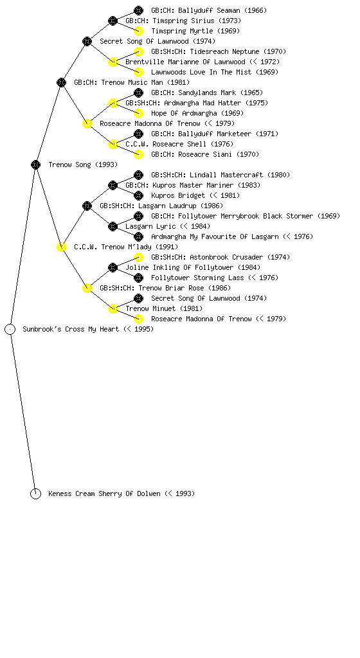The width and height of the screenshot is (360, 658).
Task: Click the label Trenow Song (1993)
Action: pyautogui.click(x=83, y=164)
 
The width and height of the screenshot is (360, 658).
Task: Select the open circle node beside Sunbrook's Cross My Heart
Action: pyautogui.click(x=10, y=329)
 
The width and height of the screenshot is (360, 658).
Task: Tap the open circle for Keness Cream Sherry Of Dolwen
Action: pyautogui.click(x=35, y=493)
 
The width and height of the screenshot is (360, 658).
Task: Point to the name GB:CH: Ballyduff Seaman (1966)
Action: pyautogui.click(x=209, y=10)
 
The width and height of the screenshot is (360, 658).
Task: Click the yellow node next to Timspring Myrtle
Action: pyautogui.click(x=138, y=31)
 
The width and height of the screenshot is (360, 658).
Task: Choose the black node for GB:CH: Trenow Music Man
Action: pyautogui.click(x=61, y=82)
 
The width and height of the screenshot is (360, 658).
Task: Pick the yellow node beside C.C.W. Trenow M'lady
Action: pyautogui.click(x=61, y=247)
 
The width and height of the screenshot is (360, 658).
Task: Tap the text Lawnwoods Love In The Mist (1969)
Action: pyautogui.click(x=215, y=72)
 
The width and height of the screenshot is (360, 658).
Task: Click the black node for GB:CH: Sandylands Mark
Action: pyautogui.click(x=138, y=93)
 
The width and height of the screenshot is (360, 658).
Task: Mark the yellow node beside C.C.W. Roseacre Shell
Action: pyautogui.click(x=113, y=144)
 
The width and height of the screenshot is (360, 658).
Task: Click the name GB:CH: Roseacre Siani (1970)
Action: pyautogui.click(x=205, y=154)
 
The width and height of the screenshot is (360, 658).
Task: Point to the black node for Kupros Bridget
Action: pyautogui.click(x=138, y=195)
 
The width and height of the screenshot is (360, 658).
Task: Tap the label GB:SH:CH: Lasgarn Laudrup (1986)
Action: pyautogui.click(x=161, y=206)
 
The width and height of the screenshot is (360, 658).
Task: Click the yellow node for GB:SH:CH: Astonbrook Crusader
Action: pyautogui.click(x=138, y=257)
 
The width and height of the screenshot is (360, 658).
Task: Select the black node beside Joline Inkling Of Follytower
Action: pyautogui.click(x=113, y=267)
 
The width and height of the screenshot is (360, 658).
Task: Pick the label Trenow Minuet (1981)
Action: pyautogui.click(x=164, y=308)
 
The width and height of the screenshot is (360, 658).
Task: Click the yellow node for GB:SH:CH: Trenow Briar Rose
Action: pyautogui.click(x=87, y=288)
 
